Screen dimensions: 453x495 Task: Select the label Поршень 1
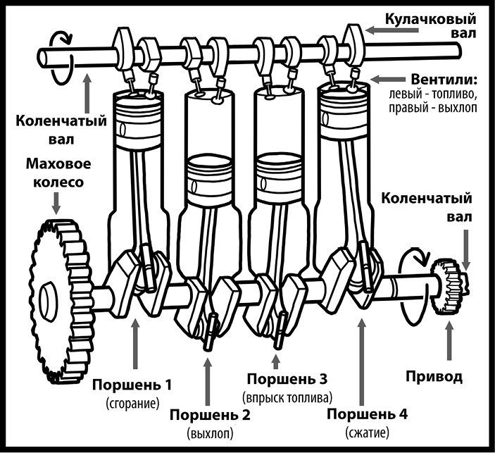[133, 385]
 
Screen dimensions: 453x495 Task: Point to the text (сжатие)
[367, 431]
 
